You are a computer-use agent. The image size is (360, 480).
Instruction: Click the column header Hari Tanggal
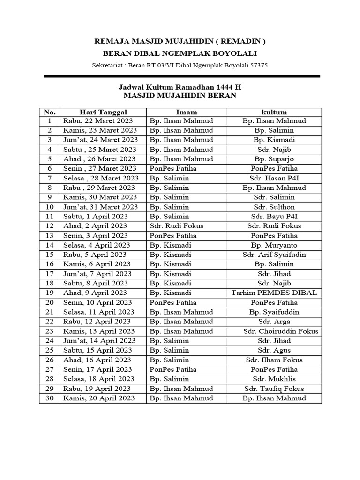coord(103,112)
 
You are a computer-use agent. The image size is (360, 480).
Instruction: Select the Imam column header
coord(186,112)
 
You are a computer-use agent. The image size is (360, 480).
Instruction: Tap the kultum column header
coord(274,112)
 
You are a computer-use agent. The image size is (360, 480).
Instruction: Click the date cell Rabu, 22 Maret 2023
coord(98,121)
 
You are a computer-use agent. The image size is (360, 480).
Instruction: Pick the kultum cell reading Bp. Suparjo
coord(274,159)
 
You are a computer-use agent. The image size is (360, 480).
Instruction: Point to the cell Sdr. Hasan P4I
coord(274,178)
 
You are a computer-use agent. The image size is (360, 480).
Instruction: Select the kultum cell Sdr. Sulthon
coord(274,207)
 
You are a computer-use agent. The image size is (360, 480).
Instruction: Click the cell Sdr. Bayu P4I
coord(274,217)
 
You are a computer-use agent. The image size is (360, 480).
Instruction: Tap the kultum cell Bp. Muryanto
coord(274,245)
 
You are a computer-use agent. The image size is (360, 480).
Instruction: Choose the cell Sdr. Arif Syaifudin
coord(274,255)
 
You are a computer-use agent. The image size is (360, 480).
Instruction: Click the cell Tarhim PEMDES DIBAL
coord(274,293)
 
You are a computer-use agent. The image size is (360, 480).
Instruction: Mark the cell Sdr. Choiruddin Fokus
coord(281,331)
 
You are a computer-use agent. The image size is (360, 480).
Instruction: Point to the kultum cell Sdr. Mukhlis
coord(274,379)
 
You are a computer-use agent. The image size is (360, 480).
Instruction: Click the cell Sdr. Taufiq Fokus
coord(274,389)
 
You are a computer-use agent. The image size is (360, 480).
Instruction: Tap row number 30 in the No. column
coord(50,398)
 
